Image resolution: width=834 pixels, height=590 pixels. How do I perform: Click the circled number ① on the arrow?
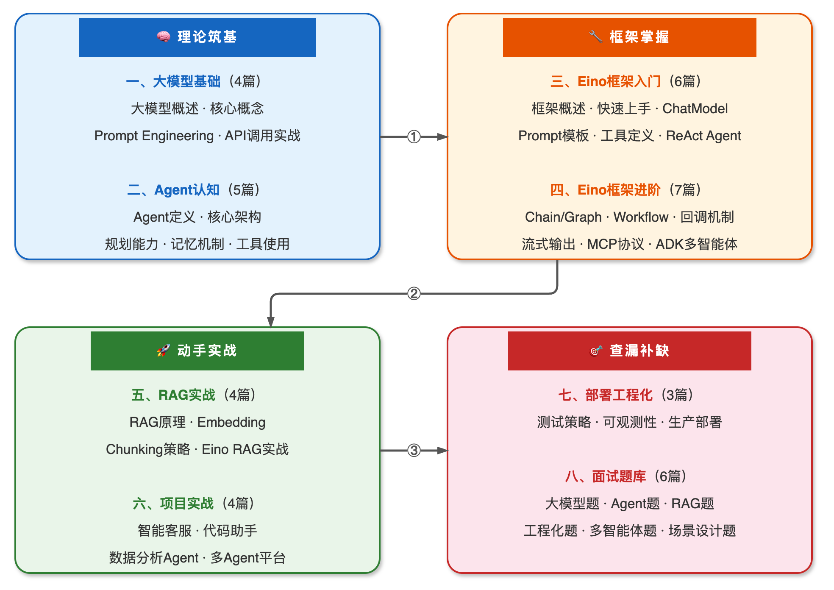414,136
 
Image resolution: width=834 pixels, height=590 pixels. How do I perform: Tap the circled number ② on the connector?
414,293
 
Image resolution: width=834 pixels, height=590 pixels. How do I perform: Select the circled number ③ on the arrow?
414,450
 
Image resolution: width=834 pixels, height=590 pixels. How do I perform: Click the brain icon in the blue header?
164,37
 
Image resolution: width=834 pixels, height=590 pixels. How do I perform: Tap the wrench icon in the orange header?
595,37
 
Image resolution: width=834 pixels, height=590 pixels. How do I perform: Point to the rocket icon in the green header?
164,351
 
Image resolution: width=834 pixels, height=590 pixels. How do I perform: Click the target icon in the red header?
596,351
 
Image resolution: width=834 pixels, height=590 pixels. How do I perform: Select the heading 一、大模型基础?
173,81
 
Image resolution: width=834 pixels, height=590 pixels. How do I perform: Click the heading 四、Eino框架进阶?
605,190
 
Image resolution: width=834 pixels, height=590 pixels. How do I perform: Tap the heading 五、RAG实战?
173,395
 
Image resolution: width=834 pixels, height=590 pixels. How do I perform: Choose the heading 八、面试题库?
606,476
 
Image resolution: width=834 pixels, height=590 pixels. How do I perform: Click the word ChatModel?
695,109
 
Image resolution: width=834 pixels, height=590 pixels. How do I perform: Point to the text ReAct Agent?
703,136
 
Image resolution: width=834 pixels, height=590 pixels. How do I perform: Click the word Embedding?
231,422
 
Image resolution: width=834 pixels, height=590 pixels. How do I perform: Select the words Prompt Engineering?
154,136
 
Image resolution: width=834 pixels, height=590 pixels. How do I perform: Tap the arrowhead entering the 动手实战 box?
271,322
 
